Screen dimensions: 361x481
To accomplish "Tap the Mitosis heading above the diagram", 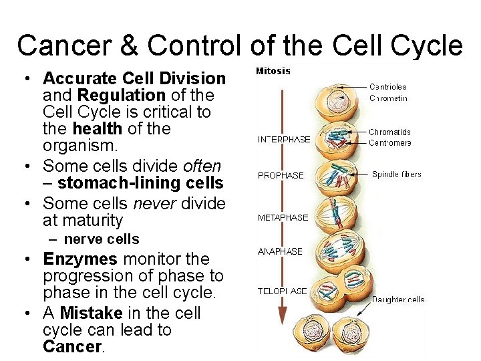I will click(273, 71).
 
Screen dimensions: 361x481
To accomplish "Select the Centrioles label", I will click(387, 86).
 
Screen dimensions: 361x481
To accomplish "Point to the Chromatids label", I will click(389, 132).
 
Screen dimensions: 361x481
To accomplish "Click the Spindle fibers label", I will click(396, 174).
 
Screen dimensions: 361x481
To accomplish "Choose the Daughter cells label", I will click(398, 299).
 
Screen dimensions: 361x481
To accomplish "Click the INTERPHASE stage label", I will click(284, 140).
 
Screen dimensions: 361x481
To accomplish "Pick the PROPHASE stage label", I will click(281, 175).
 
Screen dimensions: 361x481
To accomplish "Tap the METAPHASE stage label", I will click(283, 217).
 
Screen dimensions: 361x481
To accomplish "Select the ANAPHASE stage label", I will click(280, 251).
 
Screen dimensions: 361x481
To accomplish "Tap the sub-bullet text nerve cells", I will click(102, 239).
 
